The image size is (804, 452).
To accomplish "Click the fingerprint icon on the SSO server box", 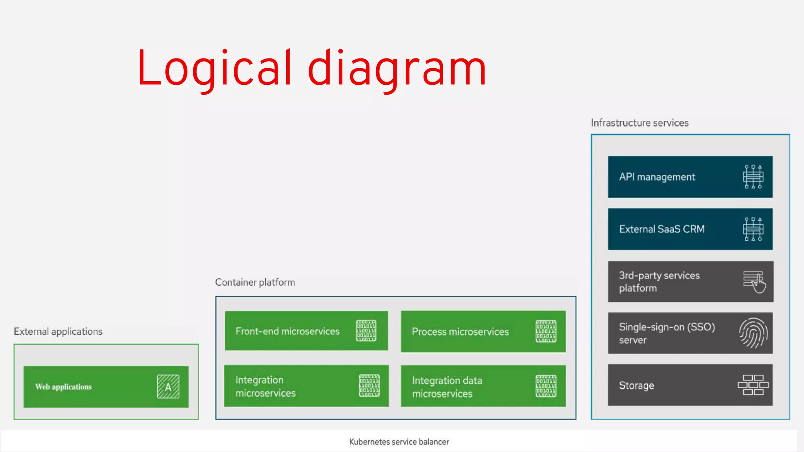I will pos(753,333).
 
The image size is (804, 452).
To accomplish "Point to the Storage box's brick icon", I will pos(753,385).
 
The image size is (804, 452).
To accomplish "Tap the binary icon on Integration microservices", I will pos(369,386).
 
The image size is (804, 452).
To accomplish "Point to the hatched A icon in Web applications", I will pos(168,386).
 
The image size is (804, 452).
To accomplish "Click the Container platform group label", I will pos(255,282).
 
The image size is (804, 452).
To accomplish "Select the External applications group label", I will pos(58,332).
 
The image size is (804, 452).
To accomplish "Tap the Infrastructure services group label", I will pos(640,123).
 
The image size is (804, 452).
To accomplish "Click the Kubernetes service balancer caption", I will pos(399,442).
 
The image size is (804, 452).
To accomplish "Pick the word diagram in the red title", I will pos(397,69).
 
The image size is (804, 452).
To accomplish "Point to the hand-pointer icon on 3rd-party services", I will pos(754,282).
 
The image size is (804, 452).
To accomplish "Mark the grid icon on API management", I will pos(753,177).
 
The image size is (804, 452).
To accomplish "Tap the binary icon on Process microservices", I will pos(546,332).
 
